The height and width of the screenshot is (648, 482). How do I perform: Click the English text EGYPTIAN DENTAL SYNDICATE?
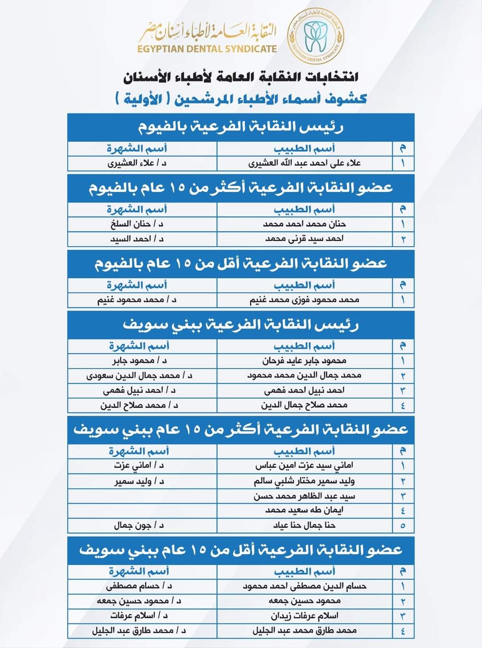pyautogui.click(x=207, y=49)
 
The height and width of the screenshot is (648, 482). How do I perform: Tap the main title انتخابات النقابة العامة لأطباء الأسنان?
pyautogui.click(x=241, y=77)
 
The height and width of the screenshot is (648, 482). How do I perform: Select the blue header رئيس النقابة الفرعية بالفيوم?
pyautogui.click(x=241, y=127)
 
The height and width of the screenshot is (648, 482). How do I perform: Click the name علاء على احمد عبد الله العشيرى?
pyautogui.click(x=304, y=163)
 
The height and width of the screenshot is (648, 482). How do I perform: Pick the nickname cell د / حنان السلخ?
pyautogui.click(x=137, y=224)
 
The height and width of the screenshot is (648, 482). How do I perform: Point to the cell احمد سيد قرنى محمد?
pyautogui.click(x=304, y=239)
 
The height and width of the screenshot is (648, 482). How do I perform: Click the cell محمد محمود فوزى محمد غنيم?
pyautogui.click(x=304, y=300)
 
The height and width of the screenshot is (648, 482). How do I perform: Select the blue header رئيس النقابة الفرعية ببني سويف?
pyautogui.click(x=241, y=324)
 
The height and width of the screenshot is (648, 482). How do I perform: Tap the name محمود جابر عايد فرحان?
pyautogui.click(x=304, y=360)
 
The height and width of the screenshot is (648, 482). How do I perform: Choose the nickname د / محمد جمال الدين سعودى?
pyautogui.click(x=139, y=376)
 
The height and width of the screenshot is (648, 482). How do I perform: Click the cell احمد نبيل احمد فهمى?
pyautogui.click(x=304, y=390)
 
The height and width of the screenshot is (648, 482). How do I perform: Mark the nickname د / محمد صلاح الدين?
pyautogui.click(x=139, y=405)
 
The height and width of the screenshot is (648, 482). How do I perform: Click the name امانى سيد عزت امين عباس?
pyautogui.click(x=304, y=466)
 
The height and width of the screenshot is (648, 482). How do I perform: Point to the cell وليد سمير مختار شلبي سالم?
pyautogui.click(x=304, y=481)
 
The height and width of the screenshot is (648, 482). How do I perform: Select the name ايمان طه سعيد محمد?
pyautogui.click(x=304, y=510)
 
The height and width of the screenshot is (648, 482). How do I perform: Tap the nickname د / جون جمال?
pyautogui.click(x=139, y=525)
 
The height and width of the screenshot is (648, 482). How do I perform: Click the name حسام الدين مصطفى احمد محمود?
pyautogui.click(x=304, y=586)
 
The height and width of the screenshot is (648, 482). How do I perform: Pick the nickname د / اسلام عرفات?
pyautogui.click(x=139, y=616)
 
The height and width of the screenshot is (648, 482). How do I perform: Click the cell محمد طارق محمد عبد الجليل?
pyautogui.click(x=304, y=631)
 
